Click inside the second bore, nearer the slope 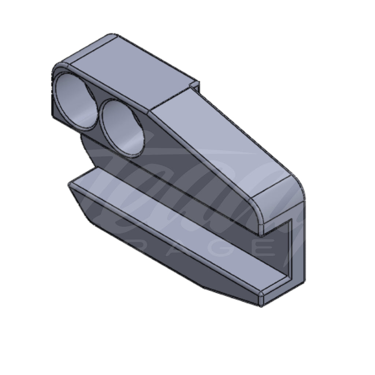pyautogui.click(x=121, y=128)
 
